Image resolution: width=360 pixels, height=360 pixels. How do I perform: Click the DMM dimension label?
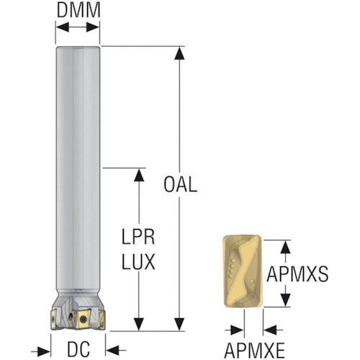point(78,10)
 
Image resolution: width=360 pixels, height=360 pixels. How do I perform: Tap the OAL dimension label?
point(181,184)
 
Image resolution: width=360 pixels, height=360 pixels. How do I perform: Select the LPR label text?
point(138,237)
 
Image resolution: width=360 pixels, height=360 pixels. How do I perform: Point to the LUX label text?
point(138,261)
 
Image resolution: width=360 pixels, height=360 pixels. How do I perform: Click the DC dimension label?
point(78,349)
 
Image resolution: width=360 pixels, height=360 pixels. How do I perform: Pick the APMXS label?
point(297,274)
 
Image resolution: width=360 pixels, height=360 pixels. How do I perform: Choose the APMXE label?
point(254,351)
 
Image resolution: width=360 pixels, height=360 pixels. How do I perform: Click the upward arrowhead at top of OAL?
point(179,53)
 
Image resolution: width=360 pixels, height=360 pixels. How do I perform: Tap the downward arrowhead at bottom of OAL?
point(179,324)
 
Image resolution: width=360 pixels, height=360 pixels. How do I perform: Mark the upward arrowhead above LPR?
point(139,175)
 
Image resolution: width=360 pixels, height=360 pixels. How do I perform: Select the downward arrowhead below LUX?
point(139,324)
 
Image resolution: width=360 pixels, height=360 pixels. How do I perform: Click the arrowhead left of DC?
point(44,351)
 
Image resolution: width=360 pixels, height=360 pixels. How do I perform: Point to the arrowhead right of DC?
point(112,350)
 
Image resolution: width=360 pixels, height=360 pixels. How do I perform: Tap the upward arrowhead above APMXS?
point(285,247)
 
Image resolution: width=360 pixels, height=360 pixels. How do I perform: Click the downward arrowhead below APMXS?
point(285,300)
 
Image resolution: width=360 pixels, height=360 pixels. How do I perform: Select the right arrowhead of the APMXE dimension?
point(270,330)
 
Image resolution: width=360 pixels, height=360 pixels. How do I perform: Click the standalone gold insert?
point(242,271)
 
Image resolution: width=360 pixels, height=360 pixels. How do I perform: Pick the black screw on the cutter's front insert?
point(84,319)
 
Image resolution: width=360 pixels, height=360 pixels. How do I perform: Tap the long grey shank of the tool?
point(78,168)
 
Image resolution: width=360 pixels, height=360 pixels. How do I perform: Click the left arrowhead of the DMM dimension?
point(63,27)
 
